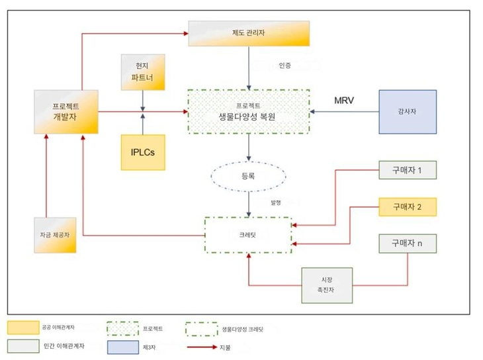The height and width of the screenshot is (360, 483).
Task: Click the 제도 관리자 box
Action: click(x=249, y=34)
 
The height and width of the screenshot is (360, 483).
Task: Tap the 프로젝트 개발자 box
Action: click(x=66, y=112)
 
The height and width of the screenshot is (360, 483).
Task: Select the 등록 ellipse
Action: click(x=248, y=177)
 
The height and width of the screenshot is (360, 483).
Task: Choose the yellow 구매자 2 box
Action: click(x=407, y=207)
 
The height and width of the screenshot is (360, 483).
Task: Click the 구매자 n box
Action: click(x=407, y=243)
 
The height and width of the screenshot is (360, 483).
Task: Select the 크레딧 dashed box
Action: click(x=248, y=234)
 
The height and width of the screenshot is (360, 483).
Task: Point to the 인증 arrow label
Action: click(x=285, y=66)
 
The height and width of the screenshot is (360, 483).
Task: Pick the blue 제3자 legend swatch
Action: click(x=123, y=346)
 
